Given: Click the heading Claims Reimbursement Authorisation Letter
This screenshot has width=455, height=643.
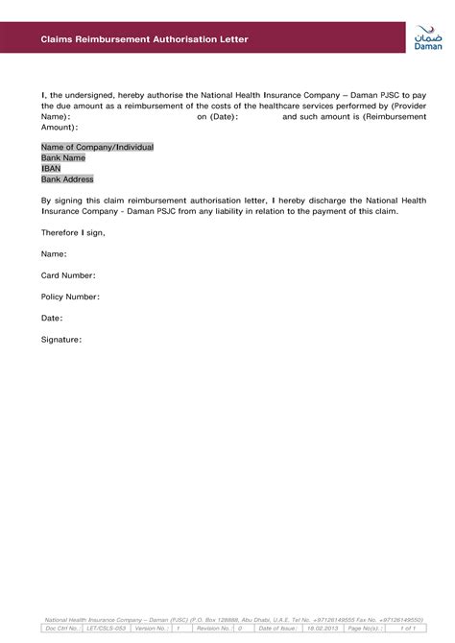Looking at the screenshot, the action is (144, 39).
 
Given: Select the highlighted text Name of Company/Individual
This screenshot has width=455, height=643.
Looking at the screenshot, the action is (97, 147).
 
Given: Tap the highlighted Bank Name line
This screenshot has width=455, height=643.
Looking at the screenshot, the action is (63, 157).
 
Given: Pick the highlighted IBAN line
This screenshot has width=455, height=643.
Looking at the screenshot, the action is (51, 168).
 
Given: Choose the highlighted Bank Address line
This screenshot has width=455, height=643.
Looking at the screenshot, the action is (67, 179).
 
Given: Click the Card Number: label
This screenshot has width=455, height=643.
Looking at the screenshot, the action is (69, 275).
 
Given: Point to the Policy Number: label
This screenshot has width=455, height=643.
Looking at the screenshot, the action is (70, 297).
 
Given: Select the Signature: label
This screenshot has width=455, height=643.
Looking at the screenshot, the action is (61, 339).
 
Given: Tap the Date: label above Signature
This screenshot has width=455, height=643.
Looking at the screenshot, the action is (52, 318).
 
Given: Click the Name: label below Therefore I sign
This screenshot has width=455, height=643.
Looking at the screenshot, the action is (54, 254).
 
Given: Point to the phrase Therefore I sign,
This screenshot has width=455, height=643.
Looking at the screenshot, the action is (73, 232).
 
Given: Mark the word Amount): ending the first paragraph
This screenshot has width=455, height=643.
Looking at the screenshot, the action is (60, 127).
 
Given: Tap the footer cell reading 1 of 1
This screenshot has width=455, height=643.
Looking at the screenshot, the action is (408, 628).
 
